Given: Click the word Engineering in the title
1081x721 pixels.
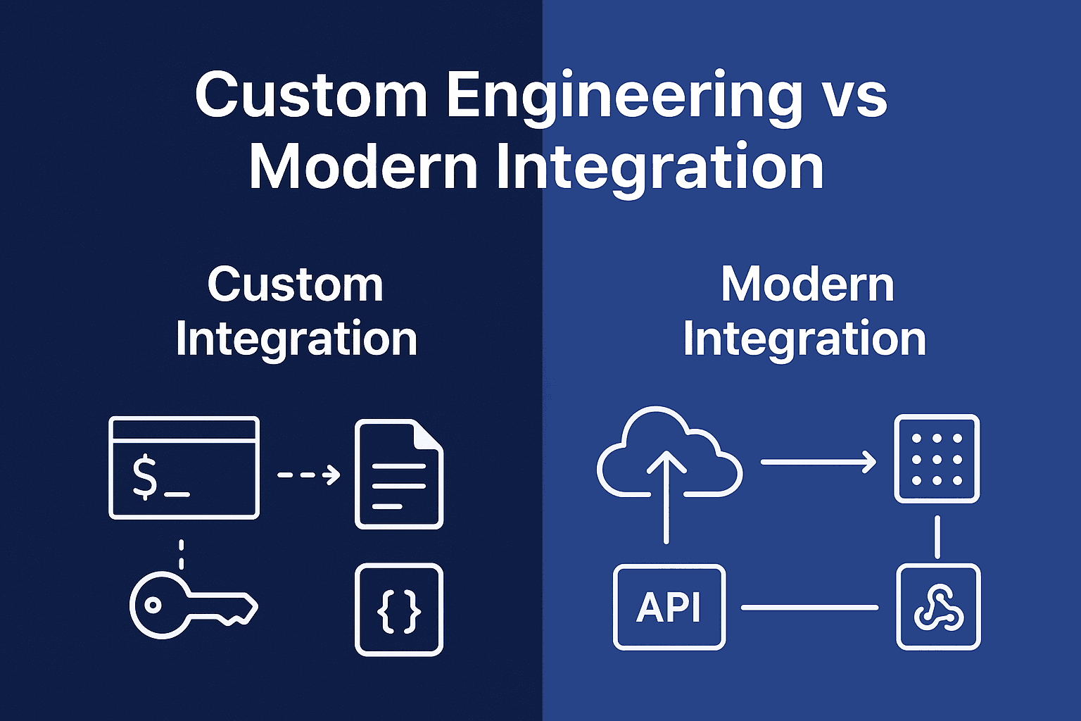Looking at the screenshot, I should (x=624, y=96).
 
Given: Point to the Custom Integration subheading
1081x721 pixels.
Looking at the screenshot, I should (x=296, y=311).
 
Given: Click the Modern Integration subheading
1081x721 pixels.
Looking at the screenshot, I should (x=805, y=311).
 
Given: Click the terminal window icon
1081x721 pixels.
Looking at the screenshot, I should (x=184, y=468).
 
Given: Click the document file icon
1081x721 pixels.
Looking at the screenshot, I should (x=399, y=474).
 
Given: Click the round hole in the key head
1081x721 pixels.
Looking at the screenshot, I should (x=152, y=604).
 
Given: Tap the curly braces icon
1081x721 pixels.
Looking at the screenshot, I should (x=399, y=610).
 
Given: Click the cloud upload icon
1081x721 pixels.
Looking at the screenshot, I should (x=669, y=454).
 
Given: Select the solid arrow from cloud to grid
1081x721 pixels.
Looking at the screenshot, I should (x=818, y=463).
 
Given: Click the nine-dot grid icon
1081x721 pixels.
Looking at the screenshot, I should (x=937, y=458).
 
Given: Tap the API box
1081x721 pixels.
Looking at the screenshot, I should (x=669, y=607).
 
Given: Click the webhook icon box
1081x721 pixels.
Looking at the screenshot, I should (x=938, y=607).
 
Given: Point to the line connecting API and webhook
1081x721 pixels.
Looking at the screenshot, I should (x=810, y=607).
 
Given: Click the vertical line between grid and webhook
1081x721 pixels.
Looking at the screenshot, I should (x=937, y=537).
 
